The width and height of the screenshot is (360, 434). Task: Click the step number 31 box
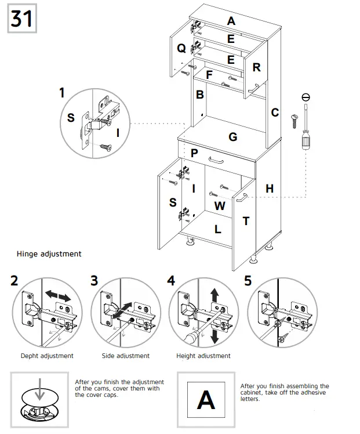[x=21, y=19]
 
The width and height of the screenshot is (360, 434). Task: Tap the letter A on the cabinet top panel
[x=231, y=21]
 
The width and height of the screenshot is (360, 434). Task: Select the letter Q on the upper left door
[x=181, y=48]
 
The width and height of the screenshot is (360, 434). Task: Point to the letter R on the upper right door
[x=257, y=67]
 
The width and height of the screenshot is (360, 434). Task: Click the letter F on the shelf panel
[x=209, y=75]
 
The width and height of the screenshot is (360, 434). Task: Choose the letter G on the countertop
[x=233, y=137]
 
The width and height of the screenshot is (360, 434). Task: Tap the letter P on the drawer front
[x=194, y=153]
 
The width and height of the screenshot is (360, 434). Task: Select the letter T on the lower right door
[x=246, y=220]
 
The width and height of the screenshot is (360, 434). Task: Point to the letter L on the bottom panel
[x=218, y=229]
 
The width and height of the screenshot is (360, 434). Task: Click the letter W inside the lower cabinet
[x=220, y=206]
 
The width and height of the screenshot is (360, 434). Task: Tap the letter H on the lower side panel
[x=270, y=188]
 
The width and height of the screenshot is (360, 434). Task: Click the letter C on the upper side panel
[x=275, y=113]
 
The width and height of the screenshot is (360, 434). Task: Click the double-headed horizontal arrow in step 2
[x=58, y=296]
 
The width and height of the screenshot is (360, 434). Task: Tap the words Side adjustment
[x=125, y=356]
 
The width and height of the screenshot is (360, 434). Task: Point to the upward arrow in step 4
[x=214, y=295]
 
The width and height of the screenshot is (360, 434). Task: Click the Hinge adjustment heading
[x=49, y=254]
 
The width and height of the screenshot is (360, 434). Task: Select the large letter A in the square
[x=206, y=400]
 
